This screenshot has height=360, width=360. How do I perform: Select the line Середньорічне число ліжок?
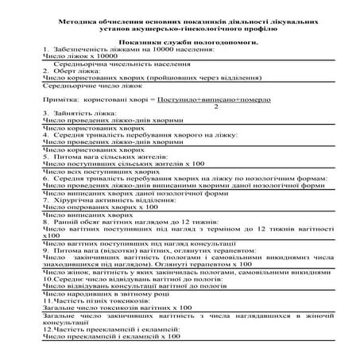[87, 87]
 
